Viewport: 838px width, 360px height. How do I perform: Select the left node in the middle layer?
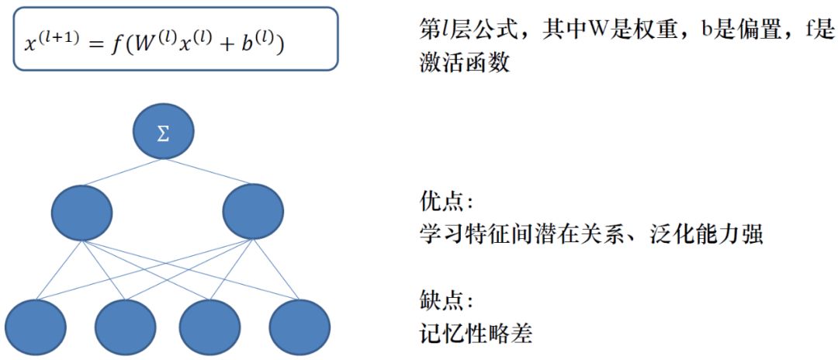(x=82, y=212)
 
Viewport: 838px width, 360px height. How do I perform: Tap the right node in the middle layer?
(x=252, y=212)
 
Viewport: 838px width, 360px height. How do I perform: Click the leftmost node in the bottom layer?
(x=36, y=327)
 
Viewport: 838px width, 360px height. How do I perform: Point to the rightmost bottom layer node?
(x=300, y=327)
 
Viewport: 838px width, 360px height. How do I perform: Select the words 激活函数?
(x=464, y=63)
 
